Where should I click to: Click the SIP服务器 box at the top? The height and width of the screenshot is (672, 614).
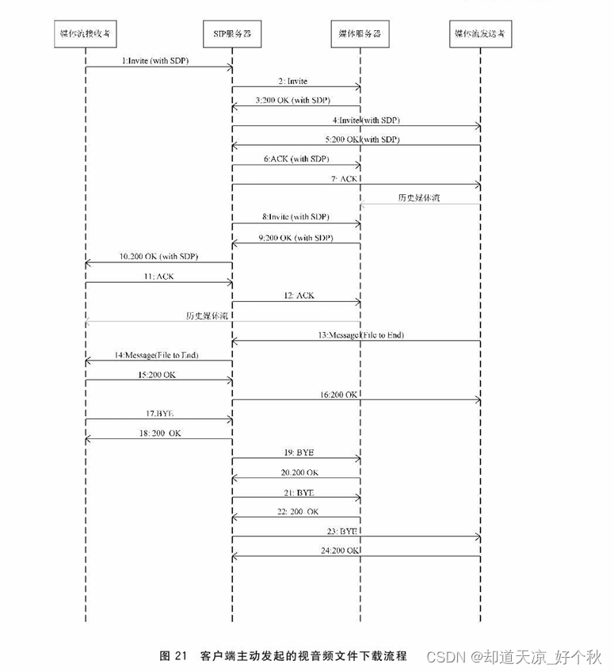coord(232,33)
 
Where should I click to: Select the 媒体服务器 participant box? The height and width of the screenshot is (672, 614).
coord(360,33)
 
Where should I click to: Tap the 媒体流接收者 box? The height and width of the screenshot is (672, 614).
coord(86,33)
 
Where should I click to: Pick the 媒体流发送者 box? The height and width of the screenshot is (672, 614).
coord(480,33)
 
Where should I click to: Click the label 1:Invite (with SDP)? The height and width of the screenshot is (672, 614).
coord(155,60)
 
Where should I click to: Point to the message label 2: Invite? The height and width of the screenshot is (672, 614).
coord(293,81)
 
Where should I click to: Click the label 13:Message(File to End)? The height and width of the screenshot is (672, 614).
coord(361,334)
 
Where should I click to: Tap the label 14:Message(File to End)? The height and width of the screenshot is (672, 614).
coord(155,355)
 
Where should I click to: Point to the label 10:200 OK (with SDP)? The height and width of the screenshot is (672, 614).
coord(158,257)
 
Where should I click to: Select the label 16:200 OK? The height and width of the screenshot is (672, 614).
coord(341,394)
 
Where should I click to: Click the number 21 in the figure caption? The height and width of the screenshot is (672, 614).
coord(180,655)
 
